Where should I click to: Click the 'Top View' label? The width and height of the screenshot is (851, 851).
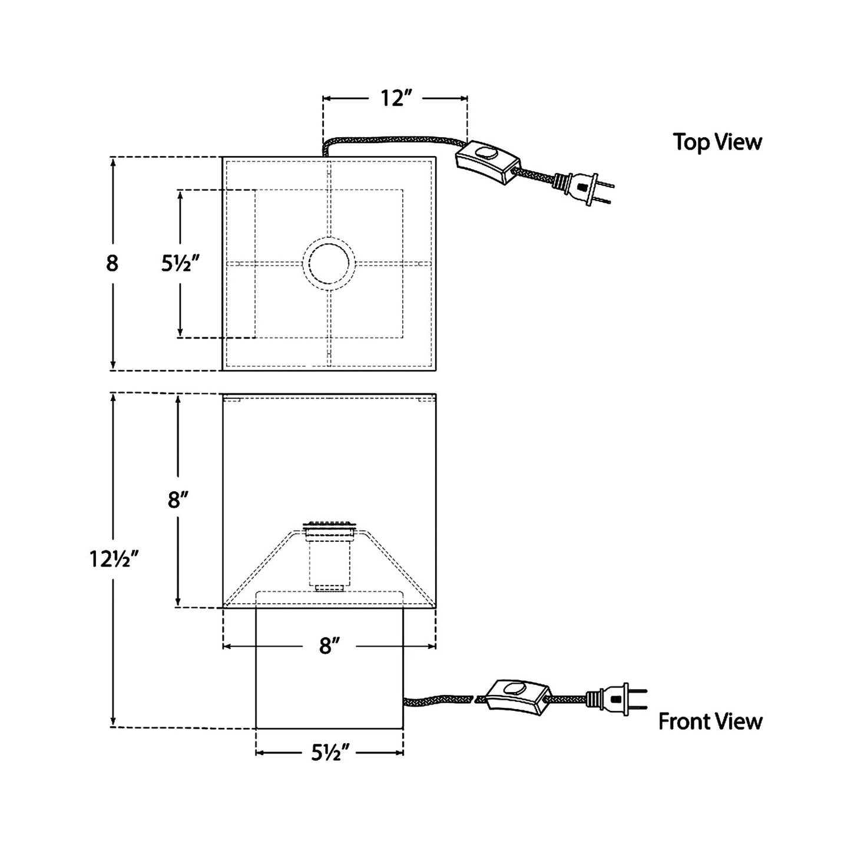click(717, 142)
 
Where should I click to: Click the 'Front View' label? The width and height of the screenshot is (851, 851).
click(710, 721)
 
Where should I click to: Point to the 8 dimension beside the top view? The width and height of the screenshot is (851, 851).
click(112, 263)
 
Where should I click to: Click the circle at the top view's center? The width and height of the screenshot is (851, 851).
click(329, 264)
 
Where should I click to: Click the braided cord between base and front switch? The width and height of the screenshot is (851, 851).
click(439, 700)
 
